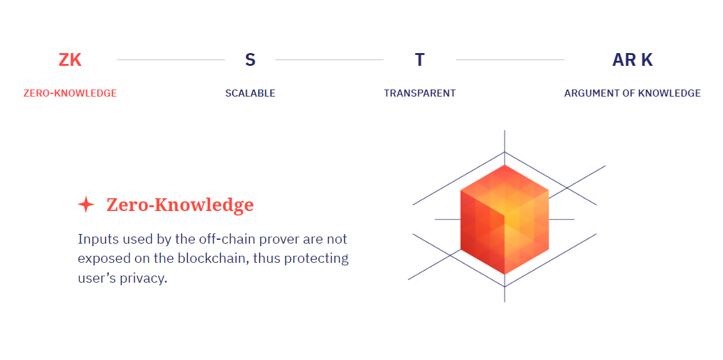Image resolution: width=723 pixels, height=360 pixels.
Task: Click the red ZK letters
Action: click(70, 60)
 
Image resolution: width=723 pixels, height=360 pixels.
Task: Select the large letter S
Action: click(250, 60)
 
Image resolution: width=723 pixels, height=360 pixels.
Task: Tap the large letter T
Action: click(419, 60)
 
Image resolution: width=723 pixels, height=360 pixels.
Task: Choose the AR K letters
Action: click(633, 60)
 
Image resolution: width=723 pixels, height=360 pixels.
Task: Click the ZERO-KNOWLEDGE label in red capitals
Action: click(70, 93)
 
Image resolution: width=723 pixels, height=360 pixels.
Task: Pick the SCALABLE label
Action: click(251, 93)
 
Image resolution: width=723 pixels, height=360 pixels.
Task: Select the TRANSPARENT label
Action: click(419, 93)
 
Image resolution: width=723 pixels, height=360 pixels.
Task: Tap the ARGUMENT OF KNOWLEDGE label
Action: click(633, 93)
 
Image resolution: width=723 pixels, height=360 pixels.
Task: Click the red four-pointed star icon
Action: click(86, 204)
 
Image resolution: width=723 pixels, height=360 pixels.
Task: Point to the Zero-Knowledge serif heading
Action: click(180, 205)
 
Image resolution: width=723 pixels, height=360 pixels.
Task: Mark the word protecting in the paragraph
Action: click(316, 259)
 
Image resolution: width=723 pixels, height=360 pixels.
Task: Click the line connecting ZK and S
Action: click(171, 60)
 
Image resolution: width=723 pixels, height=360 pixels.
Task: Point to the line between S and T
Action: click(330, 60)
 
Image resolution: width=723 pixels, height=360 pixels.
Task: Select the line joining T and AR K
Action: click(510, 60)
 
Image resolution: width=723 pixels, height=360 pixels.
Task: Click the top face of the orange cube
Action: click(504, 190)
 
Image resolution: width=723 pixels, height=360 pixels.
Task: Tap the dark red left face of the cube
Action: click(482, 232)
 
